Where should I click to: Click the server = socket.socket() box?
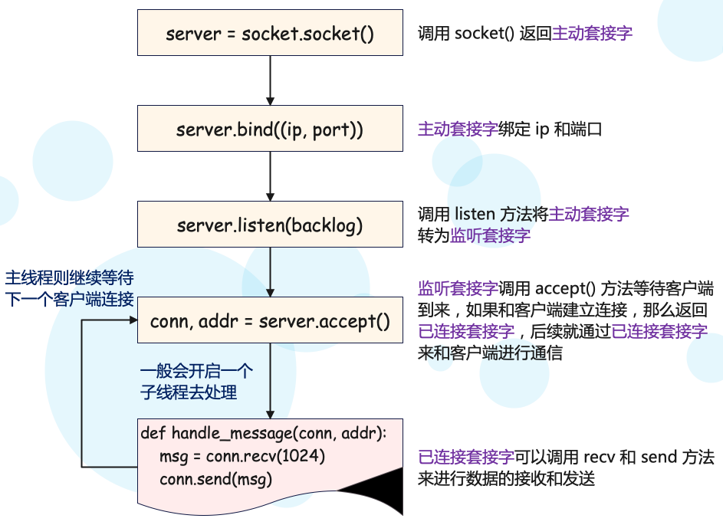pos(270,33)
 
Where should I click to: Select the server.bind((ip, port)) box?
pos(270,129)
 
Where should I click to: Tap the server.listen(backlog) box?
pos(270,225)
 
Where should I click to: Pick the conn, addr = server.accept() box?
pos(270,320)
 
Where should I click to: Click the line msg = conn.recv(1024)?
pos(242,457)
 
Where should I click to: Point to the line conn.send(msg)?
pos(216,479)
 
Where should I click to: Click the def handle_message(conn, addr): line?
pos(264,434)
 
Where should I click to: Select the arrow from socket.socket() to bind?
pos(270,80)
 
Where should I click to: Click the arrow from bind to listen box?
pos(270,176)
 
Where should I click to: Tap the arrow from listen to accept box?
pos(270,272)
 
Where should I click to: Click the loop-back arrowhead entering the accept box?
pos(130,320)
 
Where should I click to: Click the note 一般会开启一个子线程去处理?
pos(196,382)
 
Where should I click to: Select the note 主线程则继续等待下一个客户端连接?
pos(70,288)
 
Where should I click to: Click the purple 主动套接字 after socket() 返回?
pos(592,34)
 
